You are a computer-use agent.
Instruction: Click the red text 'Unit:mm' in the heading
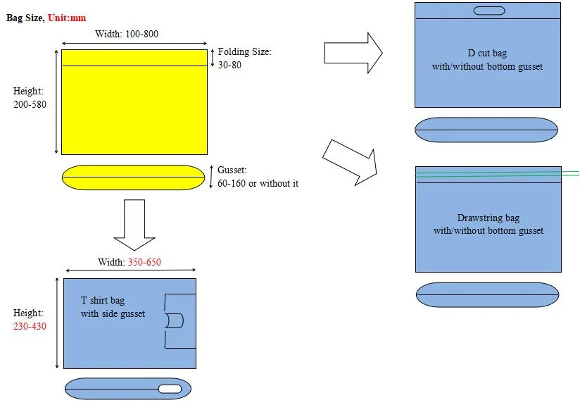point(67,18)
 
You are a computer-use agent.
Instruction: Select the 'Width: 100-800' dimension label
point(126,35)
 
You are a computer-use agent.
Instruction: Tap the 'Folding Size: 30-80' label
point(244,58)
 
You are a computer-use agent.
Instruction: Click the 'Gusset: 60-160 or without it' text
point(258,177)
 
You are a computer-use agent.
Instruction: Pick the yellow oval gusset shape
point(133,177)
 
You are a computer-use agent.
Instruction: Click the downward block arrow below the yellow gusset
point(134,225)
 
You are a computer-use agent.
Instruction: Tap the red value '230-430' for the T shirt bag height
point(30,326)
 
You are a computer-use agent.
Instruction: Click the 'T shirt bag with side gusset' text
point(113,307)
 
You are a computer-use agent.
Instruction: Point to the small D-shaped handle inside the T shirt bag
point(175,320)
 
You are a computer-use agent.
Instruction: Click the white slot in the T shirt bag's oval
point(170,389)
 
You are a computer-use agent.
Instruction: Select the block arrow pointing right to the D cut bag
point(353,53)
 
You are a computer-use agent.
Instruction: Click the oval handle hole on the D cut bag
point(488,11)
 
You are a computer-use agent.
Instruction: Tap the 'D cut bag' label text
point(487,54)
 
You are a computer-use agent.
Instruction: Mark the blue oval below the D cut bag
point(486,130)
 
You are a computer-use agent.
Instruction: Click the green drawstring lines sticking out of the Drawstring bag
point(569,173)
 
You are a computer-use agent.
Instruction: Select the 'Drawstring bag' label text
point(488,218)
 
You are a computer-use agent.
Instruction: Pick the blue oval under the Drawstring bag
point(488,294)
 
